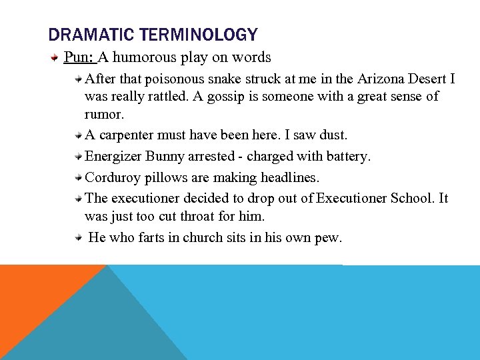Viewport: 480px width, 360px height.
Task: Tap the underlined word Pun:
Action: click(79, 57)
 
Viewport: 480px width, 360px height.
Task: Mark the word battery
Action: click(346, 157)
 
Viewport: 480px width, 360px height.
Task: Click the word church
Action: click(227, 237)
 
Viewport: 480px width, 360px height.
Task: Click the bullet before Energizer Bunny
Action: click(79, 157)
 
